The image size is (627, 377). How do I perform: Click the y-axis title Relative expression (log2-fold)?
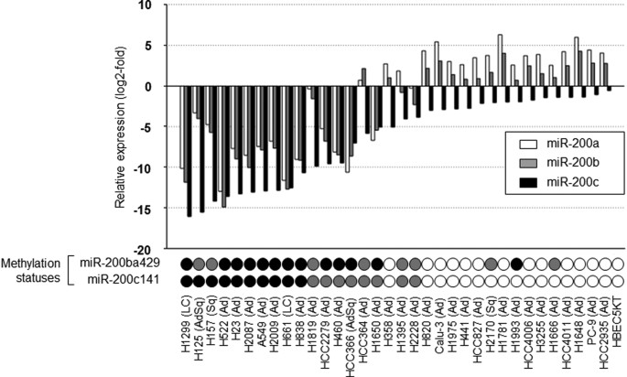tap(122, 125)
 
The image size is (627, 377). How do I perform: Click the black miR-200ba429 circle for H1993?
tap(516, 264)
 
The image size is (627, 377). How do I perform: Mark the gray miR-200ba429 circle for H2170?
tap(491, 264)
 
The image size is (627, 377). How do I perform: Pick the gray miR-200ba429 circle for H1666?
tap(555, 264)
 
